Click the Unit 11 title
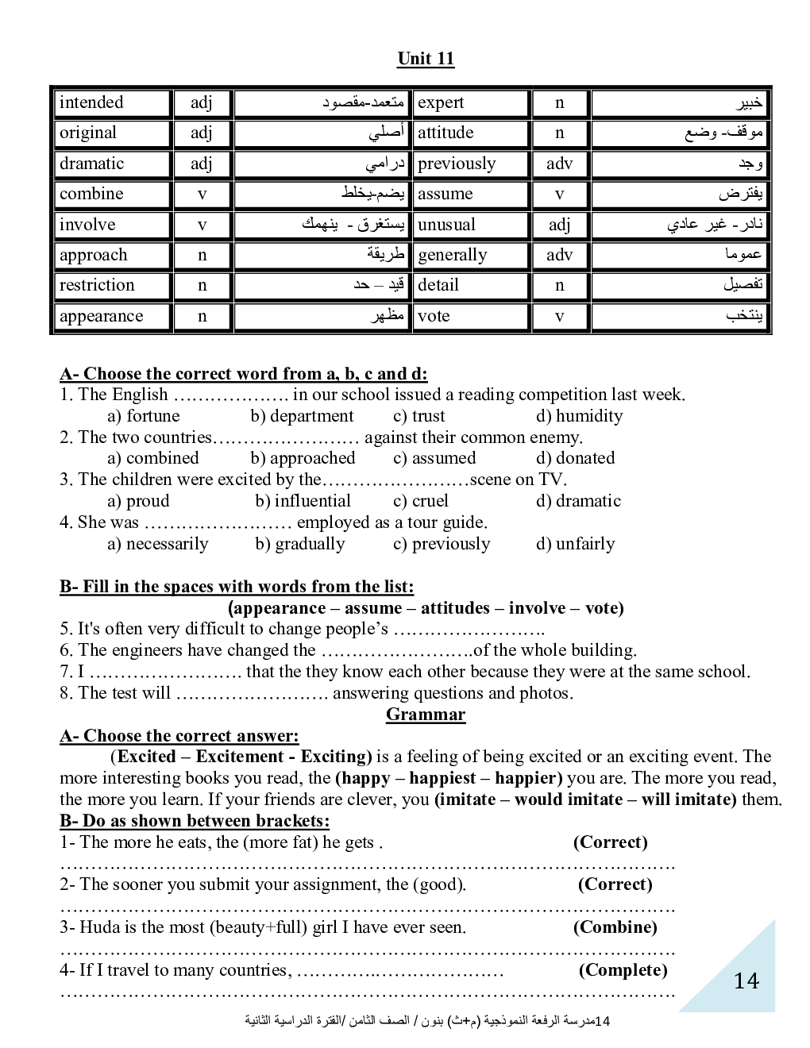point(426,59)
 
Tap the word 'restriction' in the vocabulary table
point(97,285)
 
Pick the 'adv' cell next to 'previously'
point(559,164)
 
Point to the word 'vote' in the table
point(434,316)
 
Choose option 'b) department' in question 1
point(302,416)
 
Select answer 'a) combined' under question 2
point(153,458)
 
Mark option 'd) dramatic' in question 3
point(578,501)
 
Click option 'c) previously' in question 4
point(442,544)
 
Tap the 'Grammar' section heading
point(426,715)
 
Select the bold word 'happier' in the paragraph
point(528,778)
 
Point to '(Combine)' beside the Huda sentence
point(615,927)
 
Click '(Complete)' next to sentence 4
point(623,970)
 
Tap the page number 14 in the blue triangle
point(746,981)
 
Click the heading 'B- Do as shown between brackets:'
point(195,821)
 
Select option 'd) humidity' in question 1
point(579,416)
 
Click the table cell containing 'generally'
point(453,255)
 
